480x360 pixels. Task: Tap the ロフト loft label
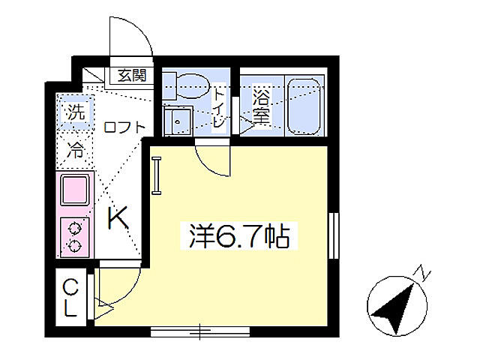[124, 127]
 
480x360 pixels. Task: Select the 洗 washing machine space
[75, 113]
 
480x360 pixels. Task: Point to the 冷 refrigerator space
[76, 149]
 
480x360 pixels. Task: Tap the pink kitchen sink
[75, 190]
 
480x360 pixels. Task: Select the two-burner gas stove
[75, 234]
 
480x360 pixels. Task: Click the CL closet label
[70, 298]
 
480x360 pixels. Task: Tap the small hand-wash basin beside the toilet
[178, 120]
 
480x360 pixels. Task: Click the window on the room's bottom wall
[199, 330]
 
